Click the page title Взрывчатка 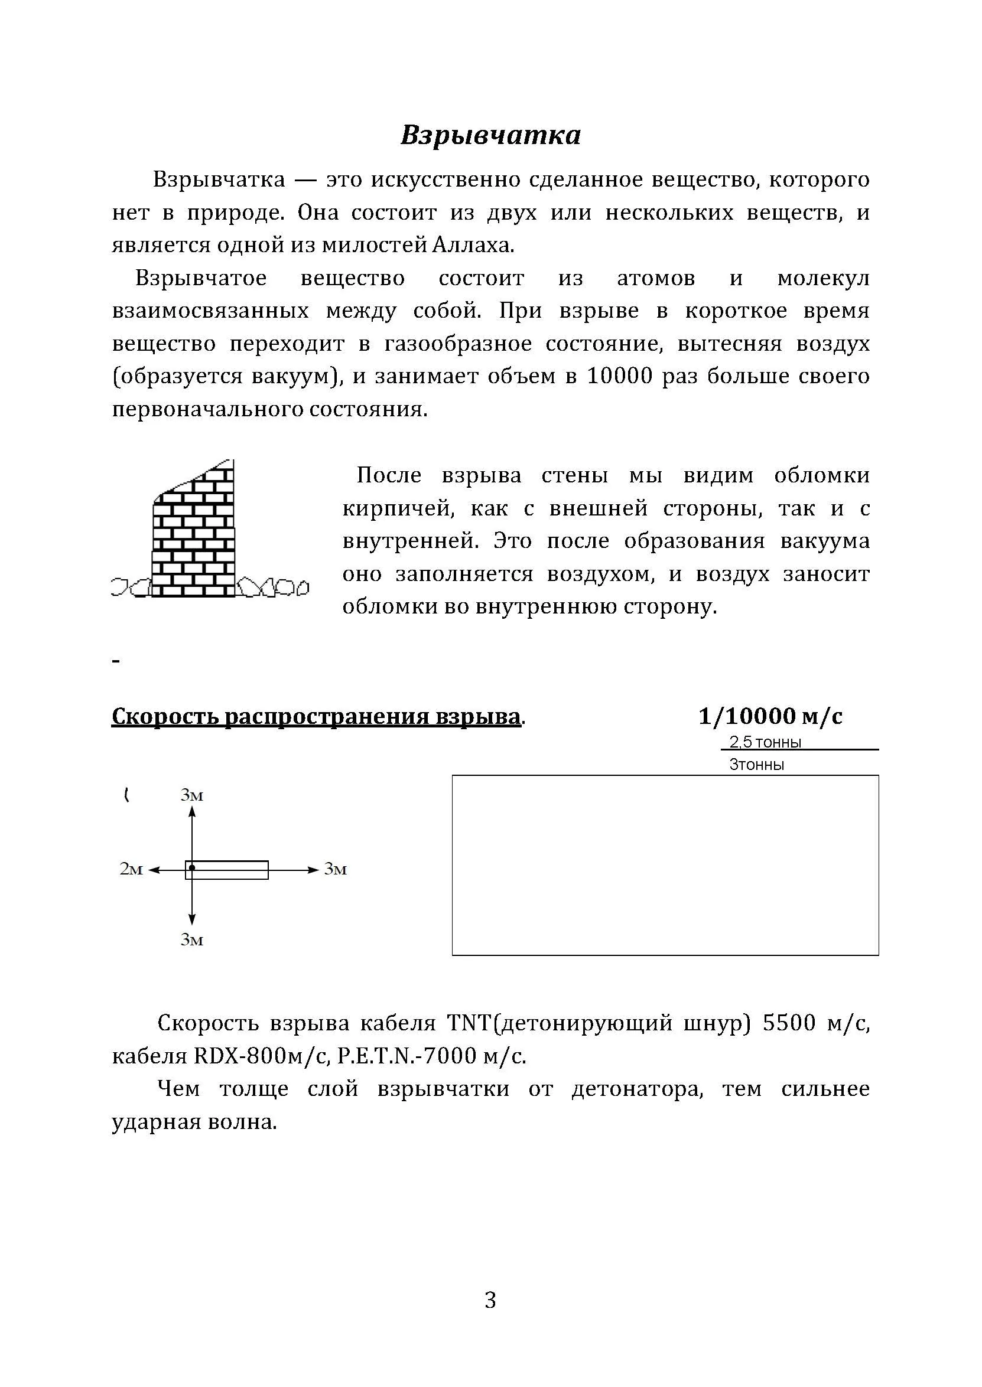pos(490,135)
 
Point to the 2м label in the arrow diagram pos(131,869)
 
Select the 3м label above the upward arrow pos(191,795)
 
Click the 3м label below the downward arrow pos(191,940)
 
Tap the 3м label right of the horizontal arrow pos(336,869)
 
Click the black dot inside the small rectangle pos(191,868)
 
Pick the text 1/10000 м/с pos(770,716)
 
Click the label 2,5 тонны pos(765,742)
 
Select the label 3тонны pos(756,765)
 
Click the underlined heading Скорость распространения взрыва pos(316,716)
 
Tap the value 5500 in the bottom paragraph pos(789,1023)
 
